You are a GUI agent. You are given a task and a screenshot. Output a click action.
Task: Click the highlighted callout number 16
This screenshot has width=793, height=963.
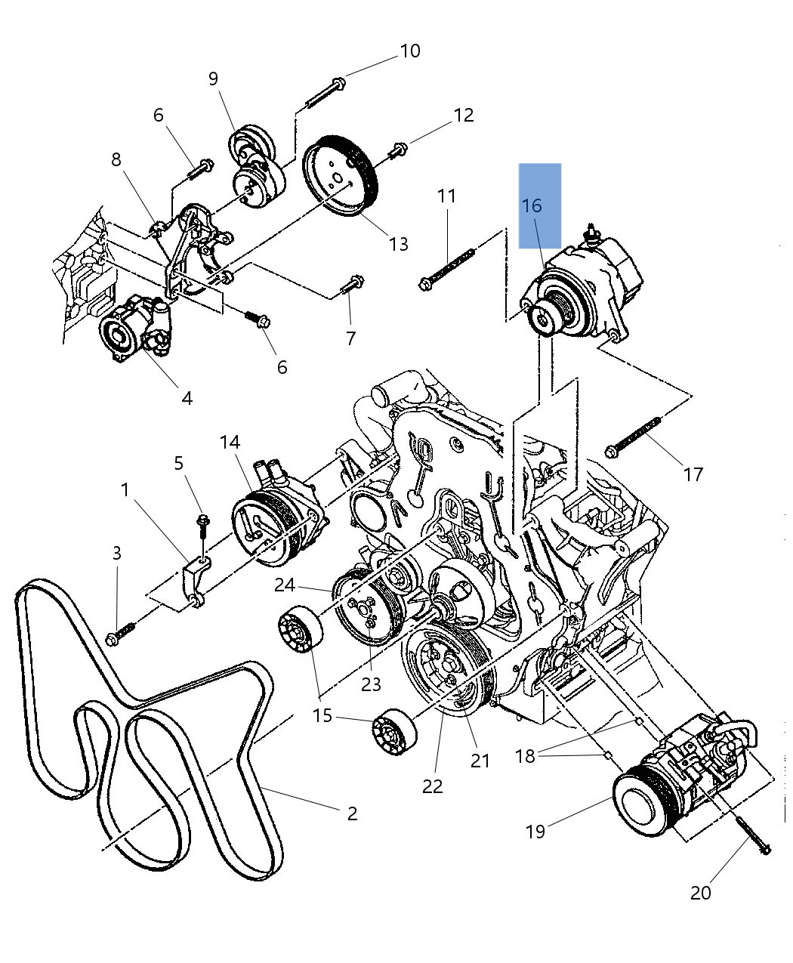tap(532, 205)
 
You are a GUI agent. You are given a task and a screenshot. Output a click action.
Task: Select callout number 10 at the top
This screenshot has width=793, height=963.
tap(409, 51)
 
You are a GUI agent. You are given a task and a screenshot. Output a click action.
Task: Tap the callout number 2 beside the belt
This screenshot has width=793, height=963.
tap(352, 813)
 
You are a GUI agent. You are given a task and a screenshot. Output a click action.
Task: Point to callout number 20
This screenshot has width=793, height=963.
tap(700, 893)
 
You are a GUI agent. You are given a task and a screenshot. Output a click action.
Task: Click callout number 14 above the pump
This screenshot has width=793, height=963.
tap(230, 442)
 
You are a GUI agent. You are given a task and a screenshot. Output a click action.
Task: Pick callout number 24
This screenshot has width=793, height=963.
tap(285, 585)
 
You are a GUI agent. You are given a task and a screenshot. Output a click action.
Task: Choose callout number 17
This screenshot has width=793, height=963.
tap(693, 474)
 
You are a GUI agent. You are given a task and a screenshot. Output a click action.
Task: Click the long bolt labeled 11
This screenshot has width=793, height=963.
tap(447, 269)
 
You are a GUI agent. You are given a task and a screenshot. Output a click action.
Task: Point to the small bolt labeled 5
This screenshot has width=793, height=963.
tap(203, 526)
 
